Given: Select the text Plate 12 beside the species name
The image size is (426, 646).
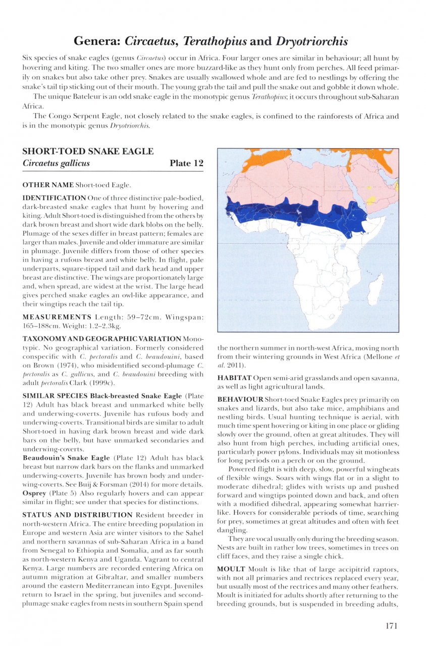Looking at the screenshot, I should [x=186, y=163].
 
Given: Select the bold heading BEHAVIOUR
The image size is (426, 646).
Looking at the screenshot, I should [x=241, y=399].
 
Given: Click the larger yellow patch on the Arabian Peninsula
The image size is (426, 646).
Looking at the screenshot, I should [x=371, y=200].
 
